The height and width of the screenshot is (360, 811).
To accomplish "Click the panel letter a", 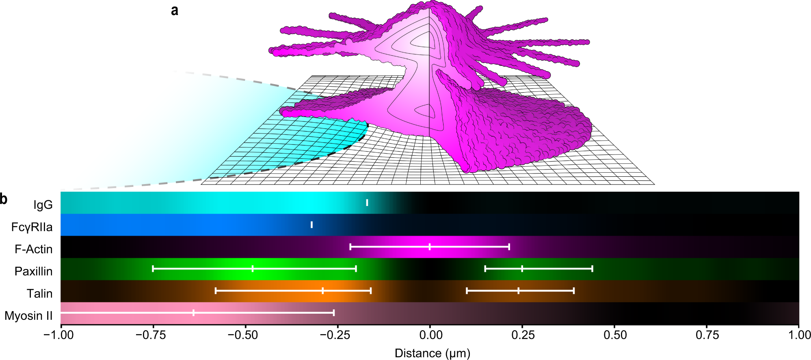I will [x=175, y=11].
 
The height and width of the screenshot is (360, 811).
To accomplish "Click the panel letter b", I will [x=4, y=199].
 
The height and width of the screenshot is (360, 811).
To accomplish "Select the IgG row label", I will [x=43, y=205].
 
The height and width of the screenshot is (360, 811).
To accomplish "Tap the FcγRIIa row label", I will [x=32, y=227].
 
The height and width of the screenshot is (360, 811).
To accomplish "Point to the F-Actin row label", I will [x=34, y=249].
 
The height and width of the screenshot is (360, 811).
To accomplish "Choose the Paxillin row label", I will [x=34, y=271].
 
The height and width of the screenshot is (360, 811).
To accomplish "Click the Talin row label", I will [x=40, y=293].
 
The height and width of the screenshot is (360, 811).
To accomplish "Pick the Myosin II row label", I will [x=29, y=316].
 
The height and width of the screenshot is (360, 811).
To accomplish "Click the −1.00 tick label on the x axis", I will [x=59, y=335].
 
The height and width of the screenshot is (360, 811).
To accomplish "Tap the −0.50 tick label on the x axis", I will [x=243, y=335].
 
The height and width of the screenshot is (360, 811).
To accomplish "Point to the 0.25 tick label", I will [x=523, y=335].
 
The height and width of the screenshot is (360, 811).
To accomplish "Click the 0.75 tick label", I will [x=707, y=335].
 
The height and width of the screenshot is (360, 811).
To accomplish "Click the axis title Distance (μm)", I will [x=432, y=353].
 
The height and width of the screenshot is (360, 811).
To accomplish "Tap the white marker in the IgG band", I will [x=367, y=203].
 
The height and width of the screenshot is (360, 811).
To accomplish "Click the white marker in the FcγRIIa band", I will [x=311, y=225].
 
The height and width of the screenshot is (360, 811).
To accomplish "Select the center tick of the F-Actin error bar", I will [x=430, y=247].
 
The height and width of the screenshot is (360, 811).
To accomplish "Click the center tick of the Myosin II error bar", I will [x=193, y=313].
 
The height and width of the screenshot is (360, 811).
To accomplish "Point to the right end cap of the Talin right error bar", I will [x=574, y=291].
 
